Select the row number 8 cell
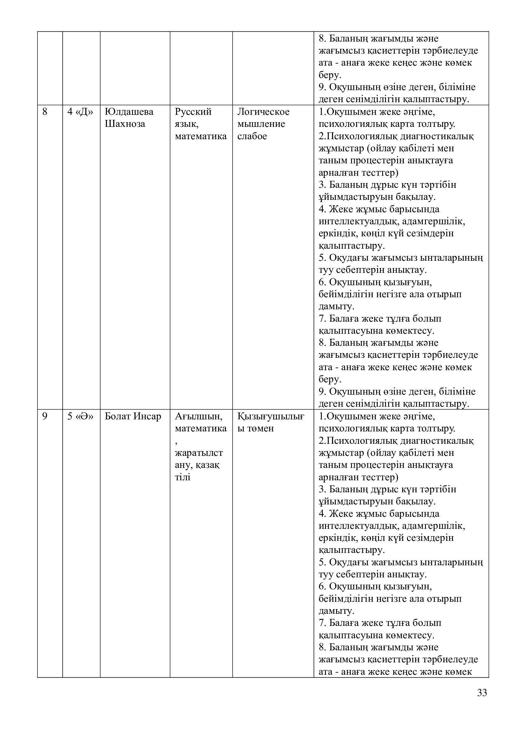(45, 112)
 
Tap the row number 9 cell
(45, 416)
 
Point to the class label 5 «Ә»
(80, 416)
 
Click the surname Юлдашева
(129, 112)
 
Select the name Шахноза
(125, 124)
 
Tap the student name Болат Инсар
(133, 416)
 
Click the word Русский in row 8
(193, 112)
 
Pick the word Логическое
(263, 112)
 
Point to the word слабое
(252, 136)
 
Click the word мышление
(261, 124)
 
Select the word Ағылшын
(198, 416)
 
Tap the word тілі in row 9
(183, 477)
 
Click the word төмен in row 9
(260, 429)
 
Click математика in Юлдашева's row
(201, 136)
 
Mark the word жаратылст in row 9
(199, 453)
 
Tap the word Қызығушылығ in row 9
(271, 416)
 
